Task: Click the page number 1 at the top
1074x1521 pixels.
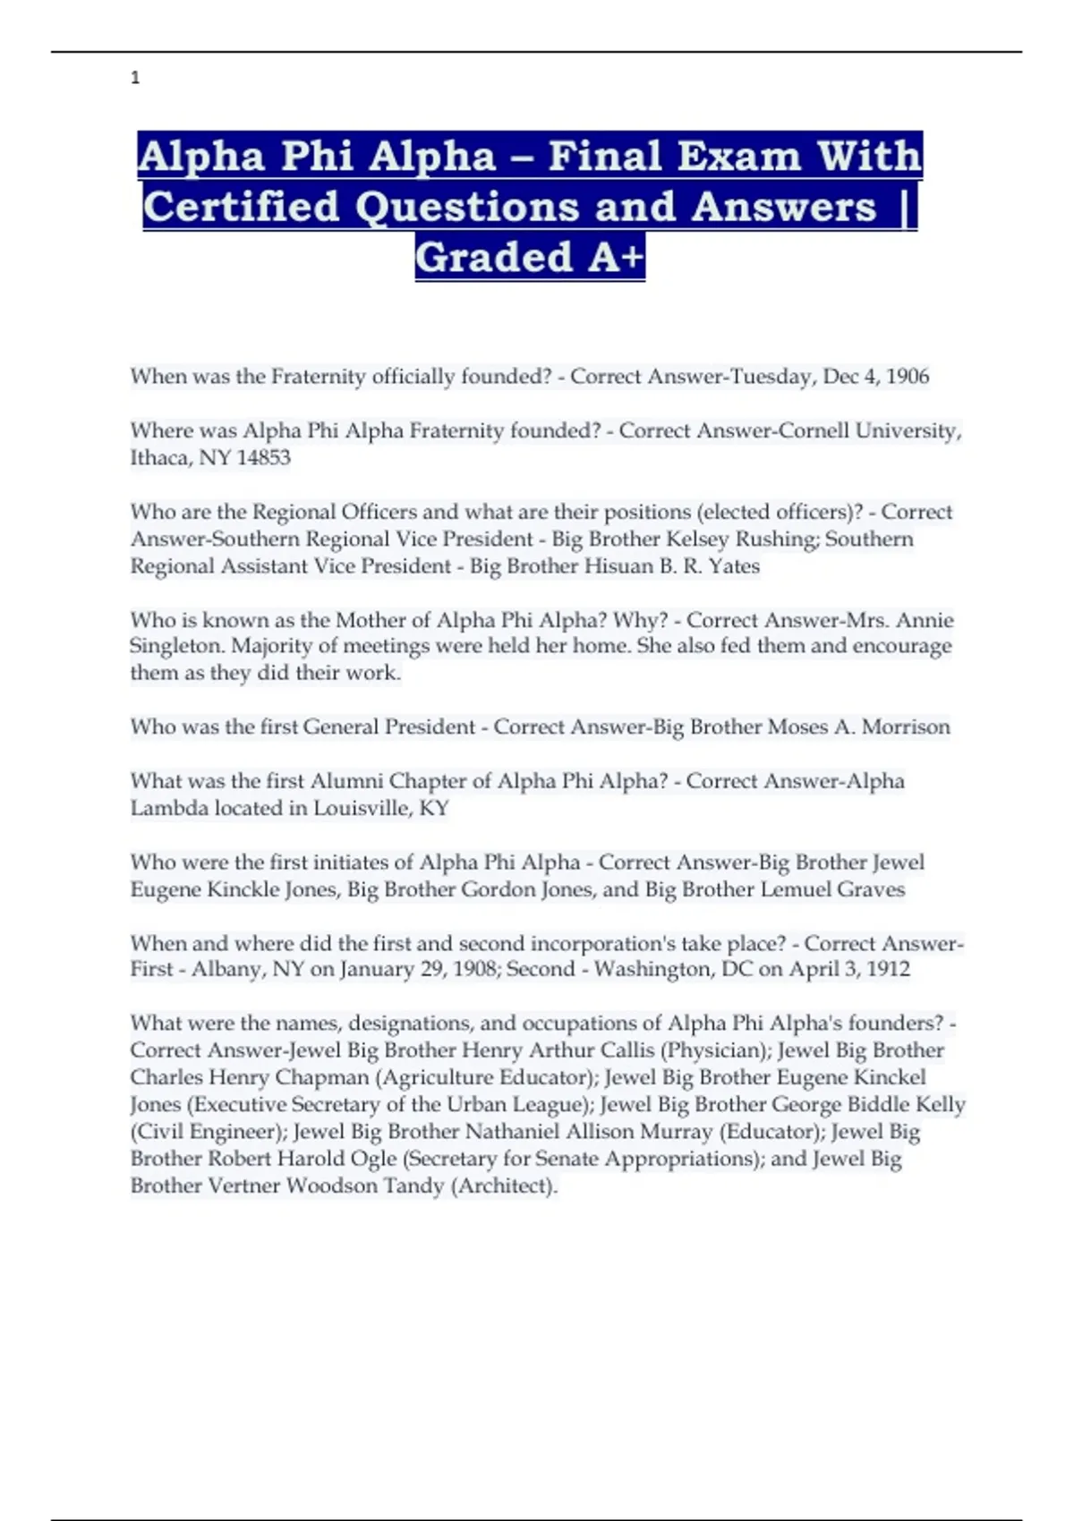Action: click(135, 78)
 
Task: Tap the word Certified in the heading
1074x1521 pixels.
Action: click(241, 207)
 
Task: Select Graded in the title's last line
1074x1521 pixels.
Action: click(494, 258)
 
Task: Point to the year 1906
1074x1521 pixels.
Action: click(907, 377)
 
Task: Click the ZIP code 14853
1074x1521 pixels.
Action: click(263, 457)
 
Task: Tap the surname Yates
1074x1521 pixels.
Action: click(734, 566)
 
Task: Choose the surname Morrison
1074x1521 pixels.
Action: click(906, 727)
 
